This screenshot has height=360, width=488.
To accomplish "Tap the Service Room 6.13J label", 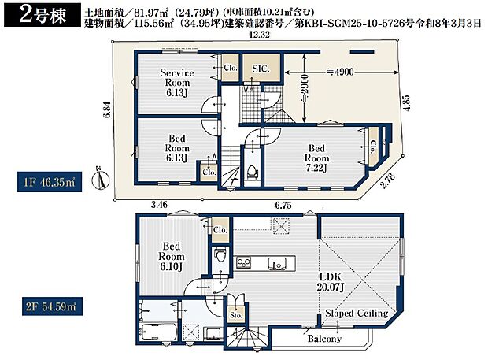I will pyautogui.click(x=177, y=83).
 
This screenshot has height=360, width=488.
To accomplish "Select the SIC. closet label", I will pyautogui.click(x=261, y=69).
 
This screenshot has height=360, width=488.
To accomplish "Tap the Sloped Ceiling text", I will pyautogui.click(x=357, y=314).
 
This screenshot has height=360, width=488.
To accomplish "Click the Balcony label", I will pyautogui.click(x=324, y=339).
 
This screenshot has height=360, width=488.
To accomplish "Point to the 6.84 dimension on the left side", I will pyautogui.click(x=105, y=115).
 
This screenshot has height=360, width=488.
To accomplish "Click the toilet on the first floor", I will pyautogui.click(x=251, y=170).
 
